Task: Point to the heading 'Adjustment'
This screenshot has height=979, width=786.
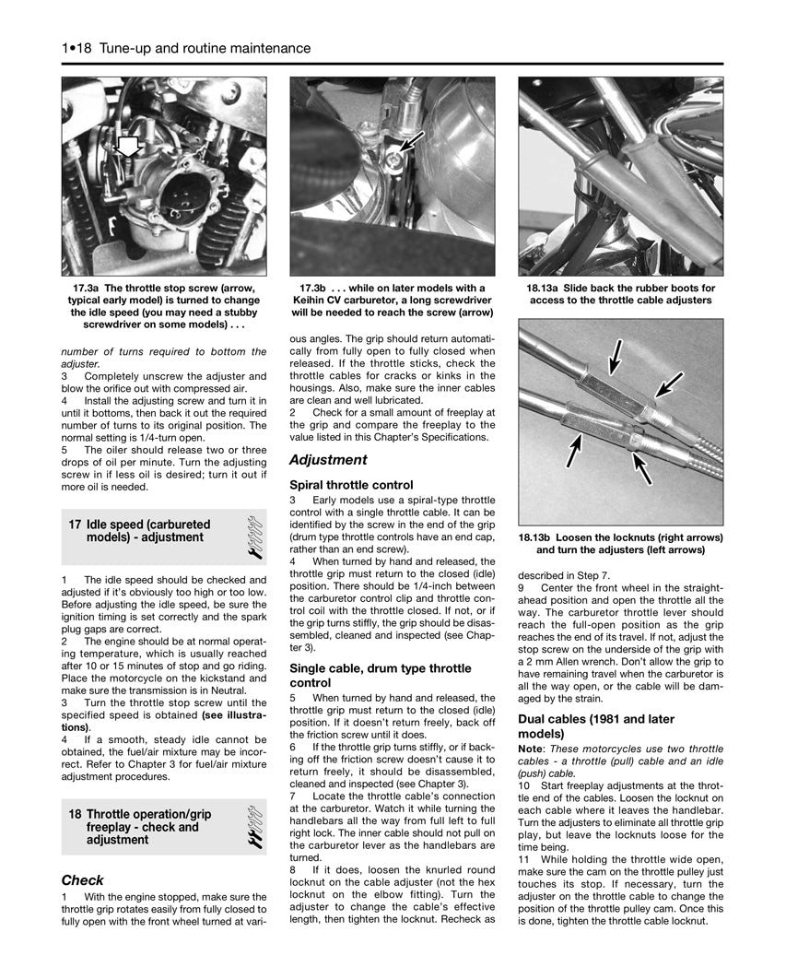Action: tap(328, 459)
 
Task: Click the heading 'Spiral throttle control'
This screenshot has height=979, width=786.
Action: tap(351, 484)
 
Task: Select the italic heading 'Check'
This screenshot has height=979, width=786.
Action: tap(82, 879)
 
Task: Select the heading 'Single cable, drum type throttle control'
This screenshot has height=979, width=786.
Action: tap(380, 676)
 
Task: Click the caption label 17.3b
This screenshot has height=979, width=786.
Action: tap(317, 288)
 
